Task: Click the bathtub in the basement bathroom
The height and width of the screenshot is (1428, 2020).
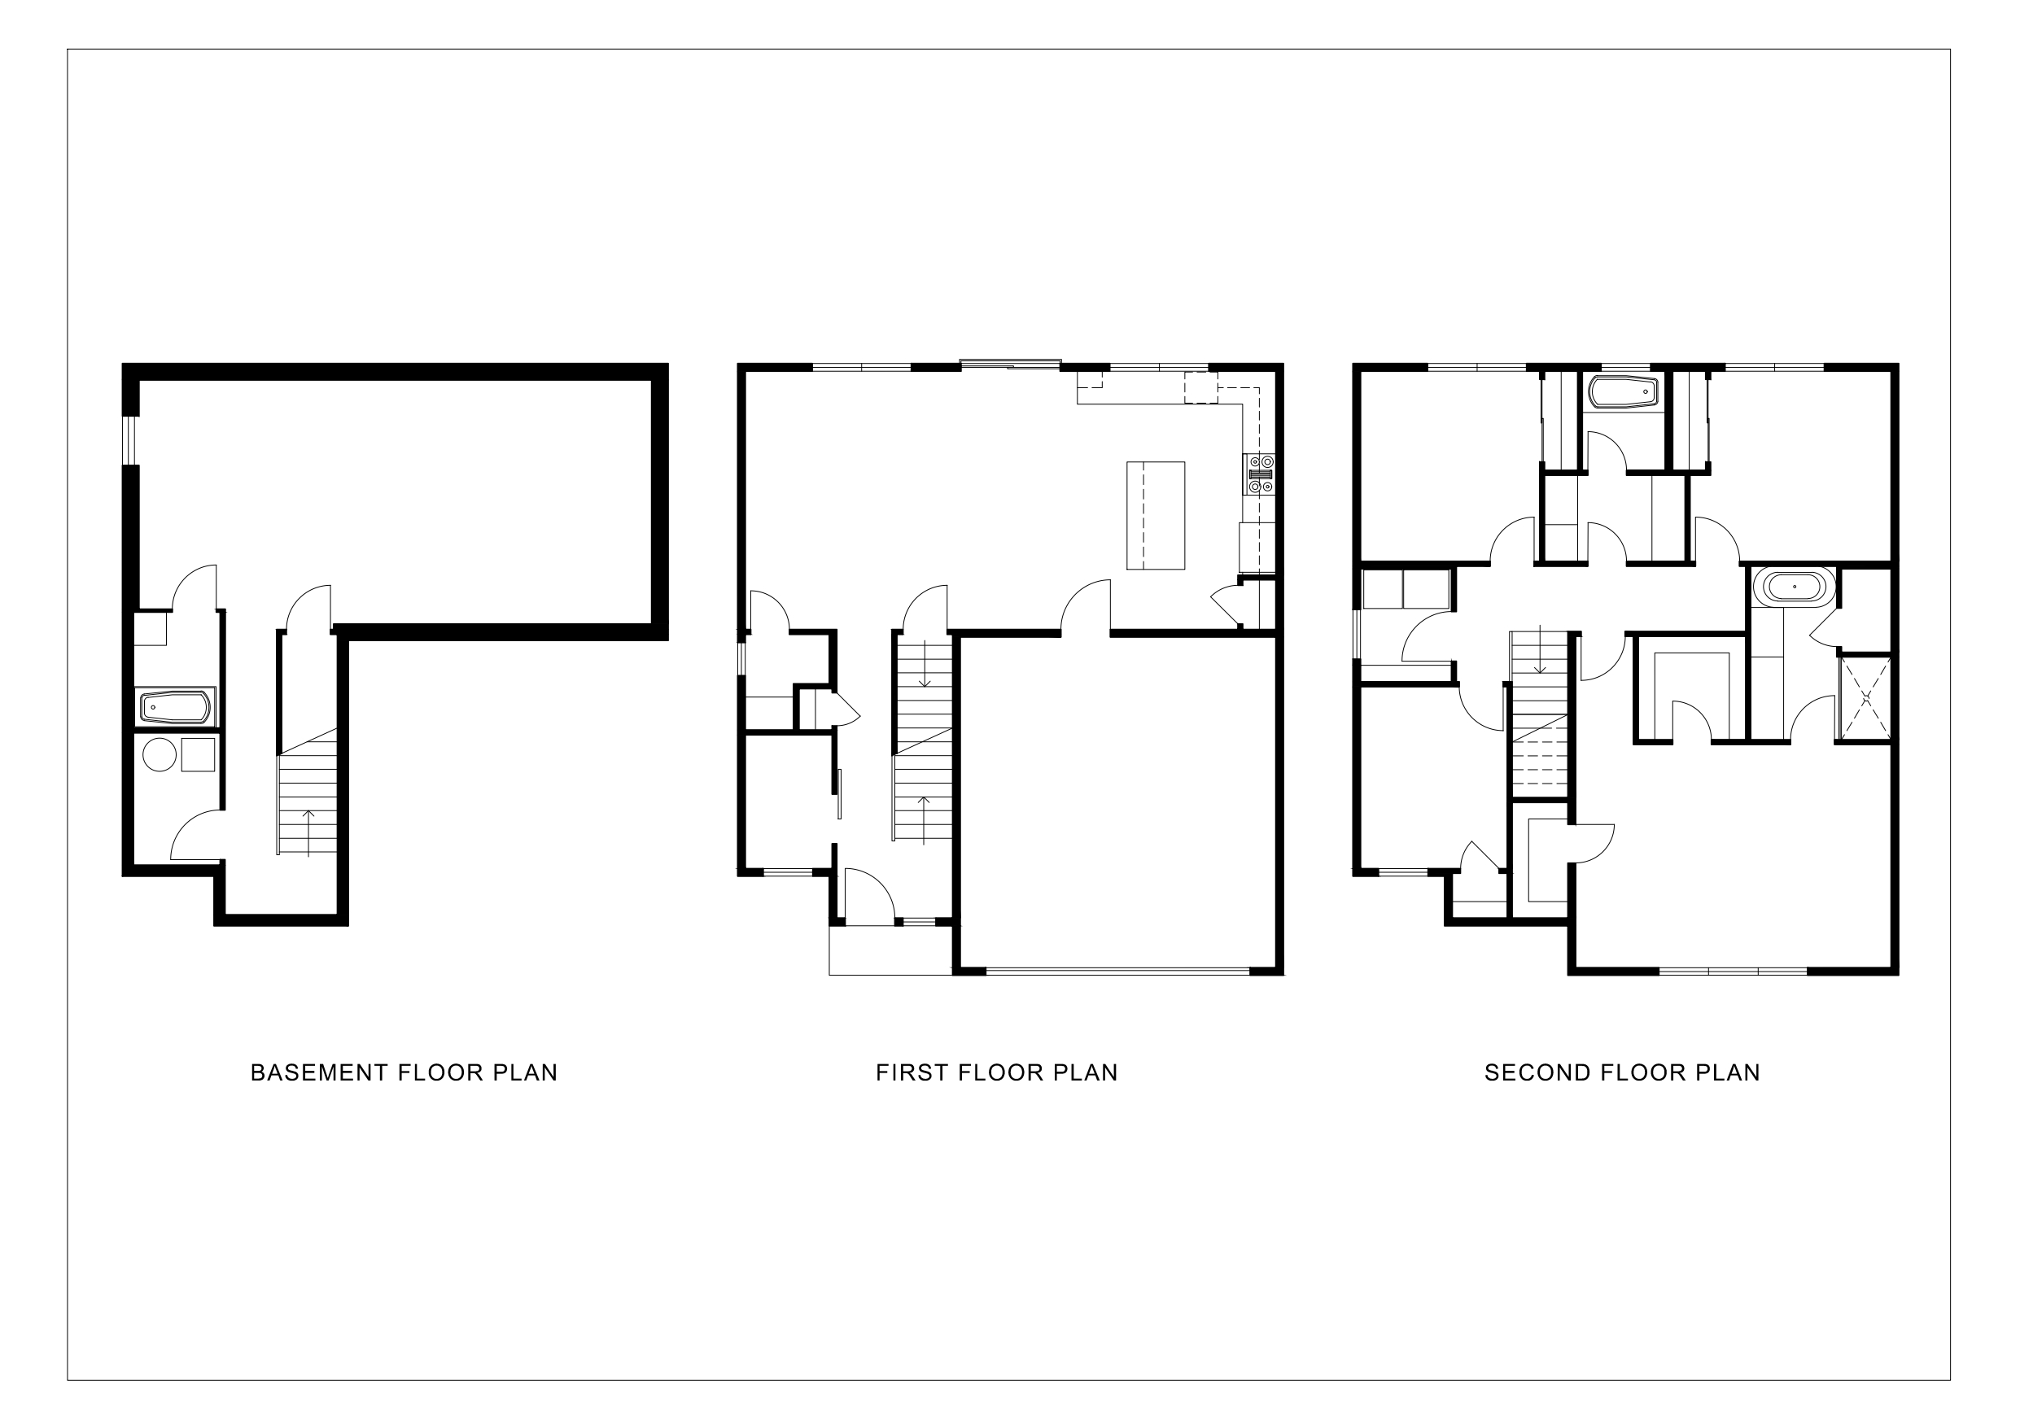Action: click(x=176, y=706)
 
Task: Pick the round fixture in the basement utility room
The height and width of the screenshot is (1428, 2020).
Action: click(x=160, y=755)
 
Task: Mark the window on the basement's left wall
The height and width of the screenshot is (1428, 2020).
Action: click(x=130, y=440)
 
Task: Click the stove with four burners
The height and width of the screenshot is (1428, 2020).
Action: click(x=1260, y=473)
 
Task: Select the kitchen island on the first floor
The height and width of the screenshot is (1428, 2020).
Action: click(x=1155, y=516)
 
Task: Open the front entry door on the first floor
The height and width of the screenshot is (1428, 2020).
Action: click(x=869, y=896)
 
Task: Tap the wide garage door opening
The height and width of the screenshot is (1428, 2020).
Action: click(x=1117, y=972)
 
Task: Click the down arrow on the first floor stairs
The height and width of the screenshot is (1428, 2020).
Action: click(x=925, y=664)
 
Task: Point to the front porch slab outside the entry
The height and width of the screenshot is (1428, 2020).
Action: click(x=890, y=950)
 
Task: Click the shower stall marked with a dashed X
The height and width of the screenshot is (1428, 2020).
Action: click(x=1865, y=700)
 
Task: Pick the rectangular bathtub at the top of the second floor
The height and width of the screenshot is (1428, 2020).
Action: click(x=1623, y=392)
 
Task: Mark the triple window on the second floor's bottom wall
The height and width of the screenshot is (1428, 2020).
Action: click(x=1733, y=972)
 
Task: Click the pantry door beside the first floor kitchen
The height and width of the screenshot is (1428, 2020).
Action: click(x=1225, y=607)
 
